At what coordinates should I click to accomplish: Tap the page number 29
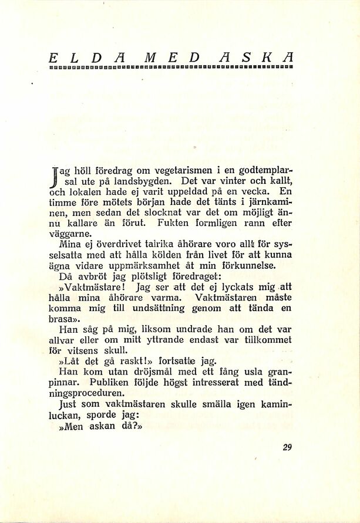point(287,447)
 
